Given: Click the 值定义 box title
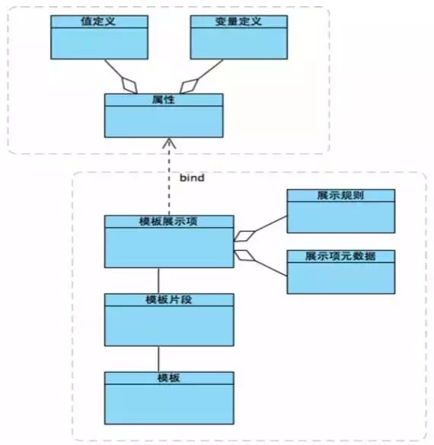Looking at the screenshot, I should [99, 21].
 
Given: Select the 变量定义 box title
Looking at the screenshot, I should [239, 21].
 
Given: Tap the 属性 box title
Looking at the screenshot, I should [164, 100].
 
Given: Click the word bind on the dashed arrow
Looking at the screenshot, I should [190, 178].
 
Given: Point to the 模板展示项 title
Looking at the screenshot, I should [168, 222].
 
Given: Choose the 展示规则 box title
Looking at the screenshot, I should [340, 195].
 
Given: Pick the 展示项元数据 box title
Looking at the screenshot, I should [340, 256].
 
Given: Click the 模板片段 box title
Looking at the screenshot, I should [168, 299].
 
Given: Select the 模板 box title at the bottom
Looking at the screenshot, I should [168, 378].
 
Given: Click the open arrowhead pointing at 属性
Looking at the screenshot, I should [168, 143].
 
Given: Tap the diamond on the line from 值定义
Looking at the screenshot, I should [130, 83].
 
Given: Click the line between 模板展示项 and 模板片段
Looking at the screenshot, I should [158, 280].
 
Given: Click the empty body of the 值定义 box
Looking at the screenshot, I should [99, 43].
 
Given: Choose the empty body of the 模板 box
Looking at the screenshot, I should [168, 403].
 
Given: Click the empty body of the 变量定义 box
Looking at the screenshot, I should [239, 43].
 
